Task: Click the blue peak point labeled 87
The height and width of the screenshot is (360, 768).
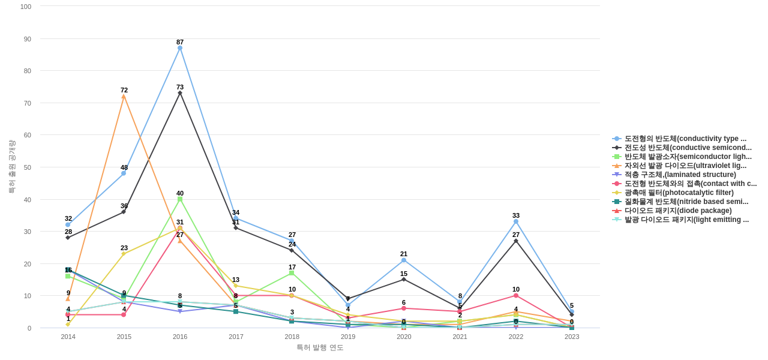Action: pyautogui.click(x=180, y=48)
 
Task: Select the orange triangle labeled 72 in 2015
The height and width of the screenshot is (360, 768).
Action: pyautogui.click(x=124, y=96)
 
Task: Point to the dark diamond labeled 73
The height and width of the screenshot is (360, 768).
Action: pyautogui.click(x=180, y=93)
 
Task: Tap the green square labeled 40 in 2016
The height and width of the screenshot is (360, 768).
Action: pyautogui.click(x=180, y=199)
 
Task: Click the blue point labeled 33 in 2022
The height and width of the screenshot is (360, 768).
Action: pyautogui.click(x=516, y=221)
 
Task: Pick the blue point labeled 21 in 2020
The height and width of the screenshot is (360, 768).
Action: pyautogui.click(x=404, y=260)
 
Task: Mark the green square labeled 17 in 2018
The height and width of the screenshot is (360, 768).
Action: pyautogui.click(x=292, y=273)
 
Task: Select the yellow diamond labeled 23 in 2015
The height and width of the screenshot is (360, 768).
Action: pyautogui.click(x=124, y=254)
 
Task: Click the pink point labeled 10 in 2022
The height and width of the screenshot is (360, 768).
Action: pyautogui.click(x=516, y=296)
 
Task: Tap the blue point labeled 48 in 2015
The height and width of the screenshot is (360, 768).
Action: pyautogui.click(x=124, y=173)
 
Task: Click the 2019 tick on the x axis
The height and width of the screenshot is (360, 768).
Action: pyautogui.click(x=348, y=337)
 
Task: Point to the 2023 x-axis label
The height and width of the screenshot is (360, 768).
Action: pyautogui.click(x=572, y=337)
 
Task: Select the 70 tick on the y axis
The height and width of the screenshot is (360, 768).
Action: pyautogui.click(x=27, y=103)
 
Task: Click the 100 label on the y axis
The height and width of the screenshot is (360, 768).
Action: pyautogui.click(x=26, y=7)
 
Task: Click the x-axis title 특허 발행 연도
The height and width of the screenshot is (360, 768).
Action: pyautogui.click(x=320, y=347)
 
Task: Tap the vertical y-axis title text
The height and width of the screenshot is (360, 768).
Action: pyautogui.click(x=11, y=167)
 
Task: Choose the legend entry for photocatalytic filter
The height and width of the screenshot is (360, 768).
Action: pyautogui.click(x=679, y=193)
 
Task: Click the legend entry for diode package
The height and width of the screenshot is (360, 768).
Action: pyautogui.click(x=678, y=211)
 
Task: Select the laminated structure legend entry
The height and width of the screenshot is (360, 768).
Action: pyautogui.click(x=680, y=175)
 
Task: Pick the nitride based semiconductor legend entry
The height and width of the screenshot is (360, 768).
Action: pyautogui.click(x=686, y=202)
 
